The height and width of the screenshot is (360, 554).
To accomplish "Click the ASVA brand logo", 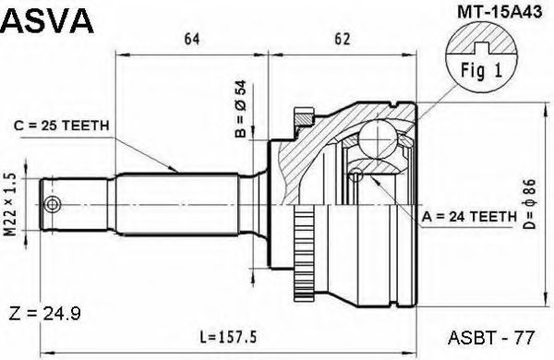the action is point(47,20).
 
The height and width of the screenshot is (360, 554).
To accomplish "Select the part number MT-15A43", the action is point(500,12).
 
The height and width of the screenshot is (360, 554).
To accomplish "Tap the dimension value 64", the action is point(192,39).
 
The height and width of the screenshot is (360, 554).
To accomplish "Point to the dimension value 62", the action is point(342,39).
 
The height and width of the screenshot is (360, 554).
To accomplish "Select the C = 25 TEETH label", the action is point(62,126).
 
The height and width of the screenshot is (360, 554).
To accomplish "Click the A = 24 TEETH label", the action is point(469,216).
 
